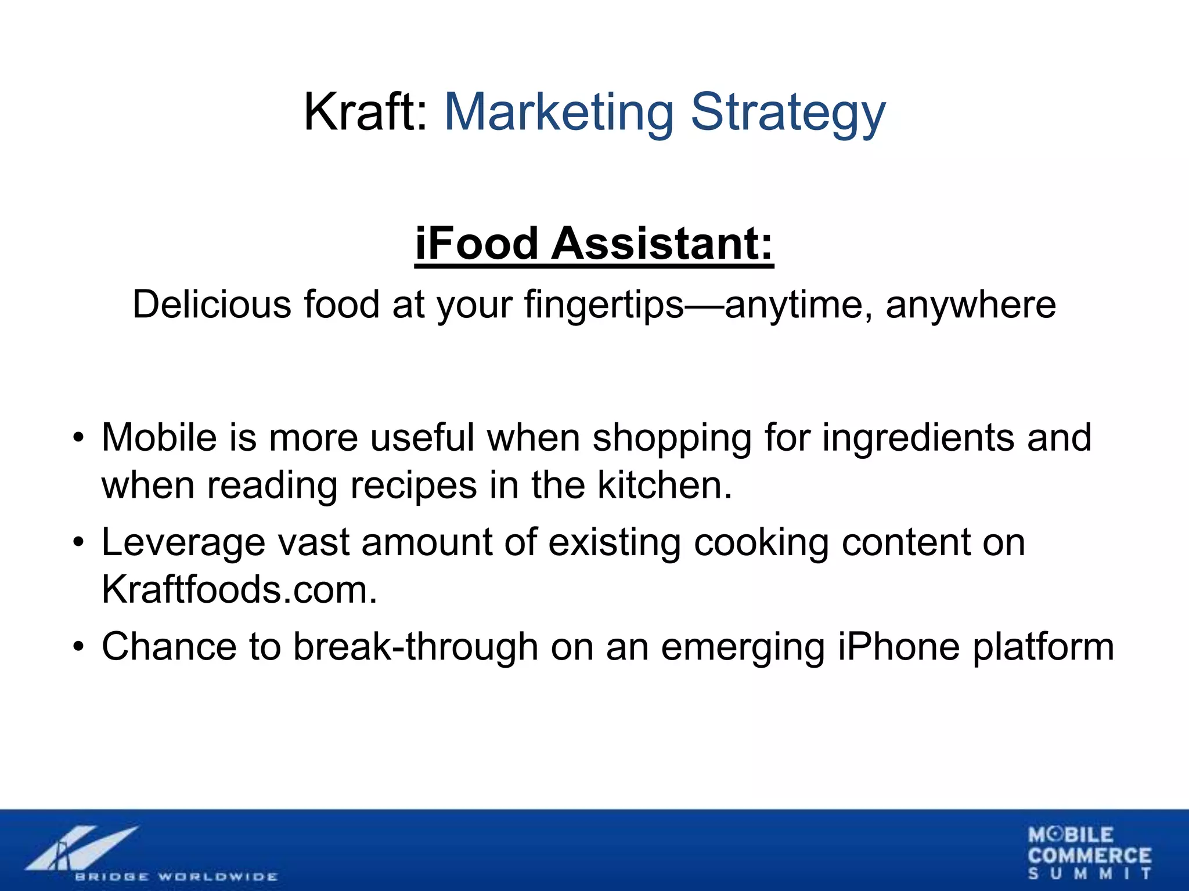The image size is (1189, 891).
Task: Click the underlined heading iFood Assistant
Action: (x=594, y=244)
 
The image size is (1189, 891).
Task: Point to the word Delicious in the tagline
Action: (x=211, y=305)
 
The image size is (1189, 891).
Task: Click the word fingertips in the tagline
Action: (x=604, y=305)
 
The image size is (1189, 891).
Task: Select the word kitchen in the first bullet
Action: (x=664, y=485)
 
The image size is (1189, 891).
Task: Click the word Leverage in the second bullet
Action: (x=183, y=543)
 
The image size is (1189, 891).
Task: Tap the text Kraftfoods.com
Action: (x=239, y=590)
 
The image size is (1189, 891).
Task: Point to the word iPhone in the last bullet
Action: (x=899, y=647)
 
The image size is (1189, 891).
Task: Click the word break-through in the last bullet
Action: (x=415, y=647)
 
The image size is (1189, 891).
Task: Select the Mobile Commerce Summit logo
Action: (x=1089, y=853)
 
